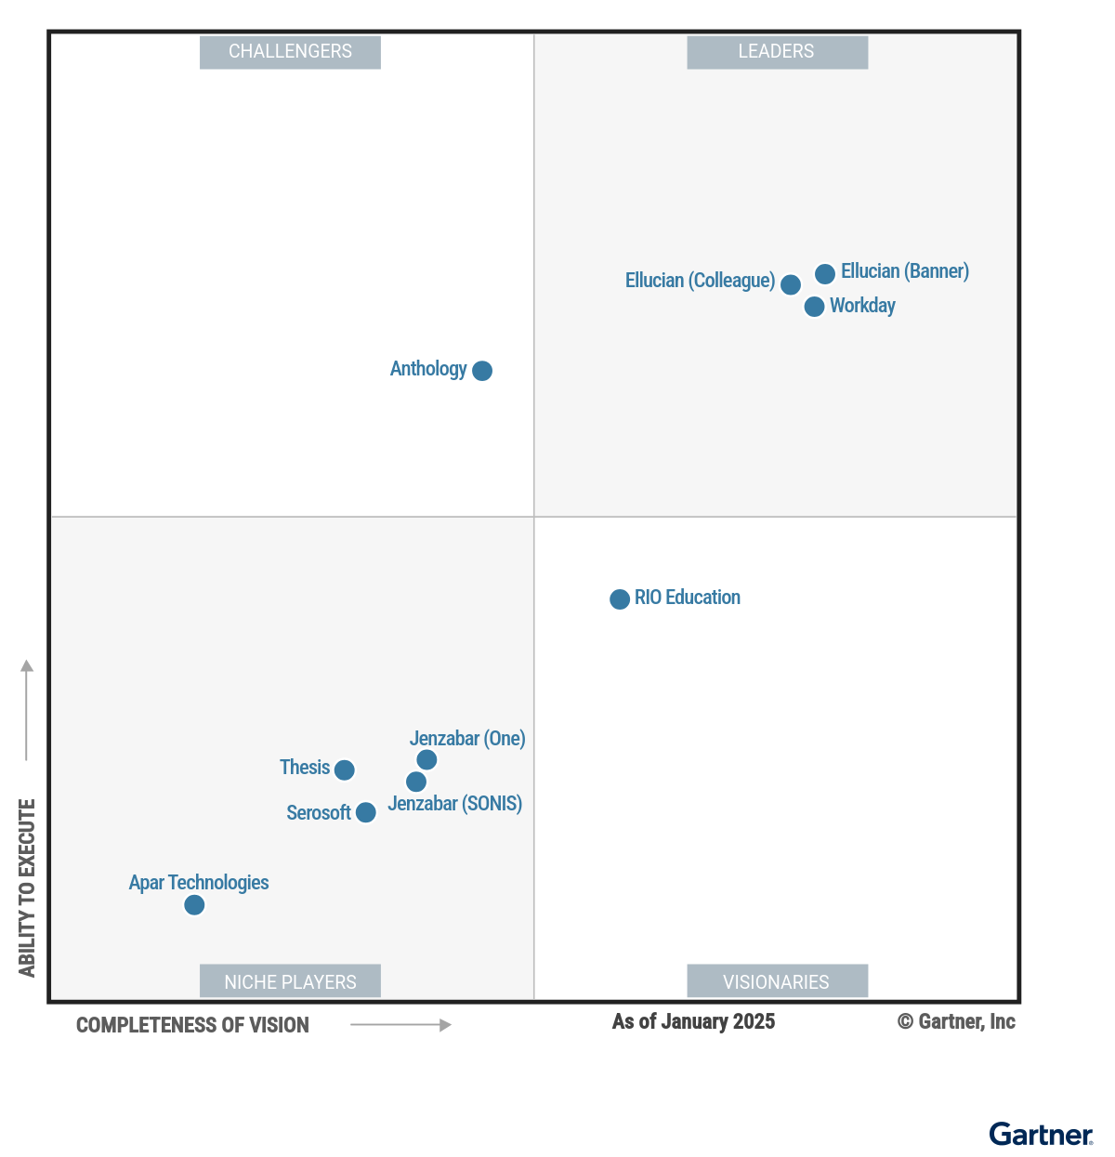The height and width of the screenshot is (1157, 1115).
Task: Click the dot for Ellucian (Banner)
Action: pos(825,274)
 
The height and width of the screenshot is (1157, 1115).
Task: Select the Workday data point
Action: pos(814,307)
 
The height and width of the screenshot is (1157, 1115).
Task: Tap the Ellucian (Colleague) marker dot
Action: pos(791,284)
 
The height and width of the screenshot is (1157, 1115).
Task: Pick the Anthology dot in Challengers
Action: pos(482,371)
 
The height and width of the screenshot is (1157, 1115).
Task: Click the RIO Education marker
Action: pos(620,599)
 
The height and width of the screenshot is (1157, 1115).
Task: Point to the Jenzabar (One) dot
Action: pos(426,760)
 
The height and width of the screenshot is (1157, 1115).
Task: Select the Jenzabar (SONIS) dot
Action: pos(416,782)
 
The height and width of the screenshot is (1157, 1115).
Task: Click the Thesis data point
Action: pos(345,770)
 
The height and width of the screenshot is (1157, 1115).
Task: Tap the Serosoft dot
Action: pos(366,813)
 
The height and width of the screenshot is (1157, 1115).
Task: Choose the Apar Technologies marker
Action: pos(194,905)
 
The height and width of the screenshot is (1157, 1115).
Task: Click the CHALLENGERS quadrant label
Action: pos(290,52)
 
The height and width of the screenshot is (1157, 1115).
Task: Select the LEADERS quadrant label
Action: pos(777,52)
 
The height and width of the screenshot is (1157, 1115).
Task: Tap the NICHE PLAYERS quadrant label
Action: pos(290,981)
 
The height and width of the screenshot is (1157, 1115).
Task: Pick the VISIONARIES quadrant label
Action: pos(777,981)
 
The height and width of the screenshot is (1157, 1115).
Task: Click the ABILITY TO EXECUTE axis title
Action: pos(27,887)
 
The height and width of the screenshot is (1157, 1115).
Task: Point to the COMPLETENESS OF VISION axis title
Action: pos(192,1025)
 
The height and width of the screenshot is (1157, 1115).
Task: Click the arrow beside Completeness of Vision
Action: pos(400,1025)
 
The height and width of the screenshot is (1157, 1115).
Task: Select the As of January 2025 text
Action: pos(693,1022)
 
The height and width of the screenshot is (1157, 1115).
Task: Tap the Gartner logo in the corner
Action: pos(1041,1135)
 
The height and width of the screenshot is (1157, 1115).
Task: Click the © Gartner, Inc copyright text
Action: pos(956,1022)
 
